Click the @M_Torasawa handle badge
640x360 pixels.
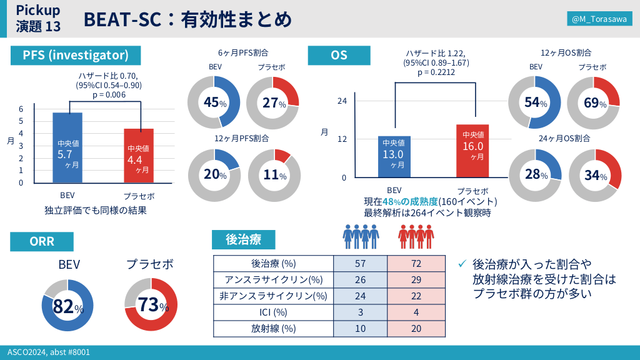pyautogui.click(x=598, y=19)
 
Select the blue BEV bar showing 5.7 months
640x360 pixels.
pyautogui.click(x=67, y=147)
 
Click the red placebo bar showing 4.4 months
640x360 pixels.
pyautogui.click(x=138, y=156)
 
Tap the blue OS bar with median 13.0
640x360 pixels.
pyautogui.click(x=394, y=156)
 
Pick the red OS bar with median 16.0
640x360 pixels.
pyautogui.click(x=472, y=151)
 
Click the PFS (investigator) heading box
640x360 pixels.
pyautogui.click(x=76, y=55)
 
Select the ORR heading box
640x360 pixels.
pyautogui.click(x=42, y=242)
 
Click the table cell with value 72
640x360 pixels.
pyautogui.click(x=417, y=263)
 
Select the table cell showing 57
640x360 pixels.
pyautogui.click(x=361, y=263)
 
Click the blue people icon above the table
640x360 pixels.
pyautogui.click(x=362, y=236)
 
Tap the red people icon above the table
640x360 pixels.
pyautogui.click(x=416, y=236)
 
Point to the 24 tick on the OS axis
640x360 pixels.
pyautogui.click(x=342, y=101)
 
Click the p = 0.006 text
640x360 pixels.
pyautogui.click(x=109, y=95)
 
